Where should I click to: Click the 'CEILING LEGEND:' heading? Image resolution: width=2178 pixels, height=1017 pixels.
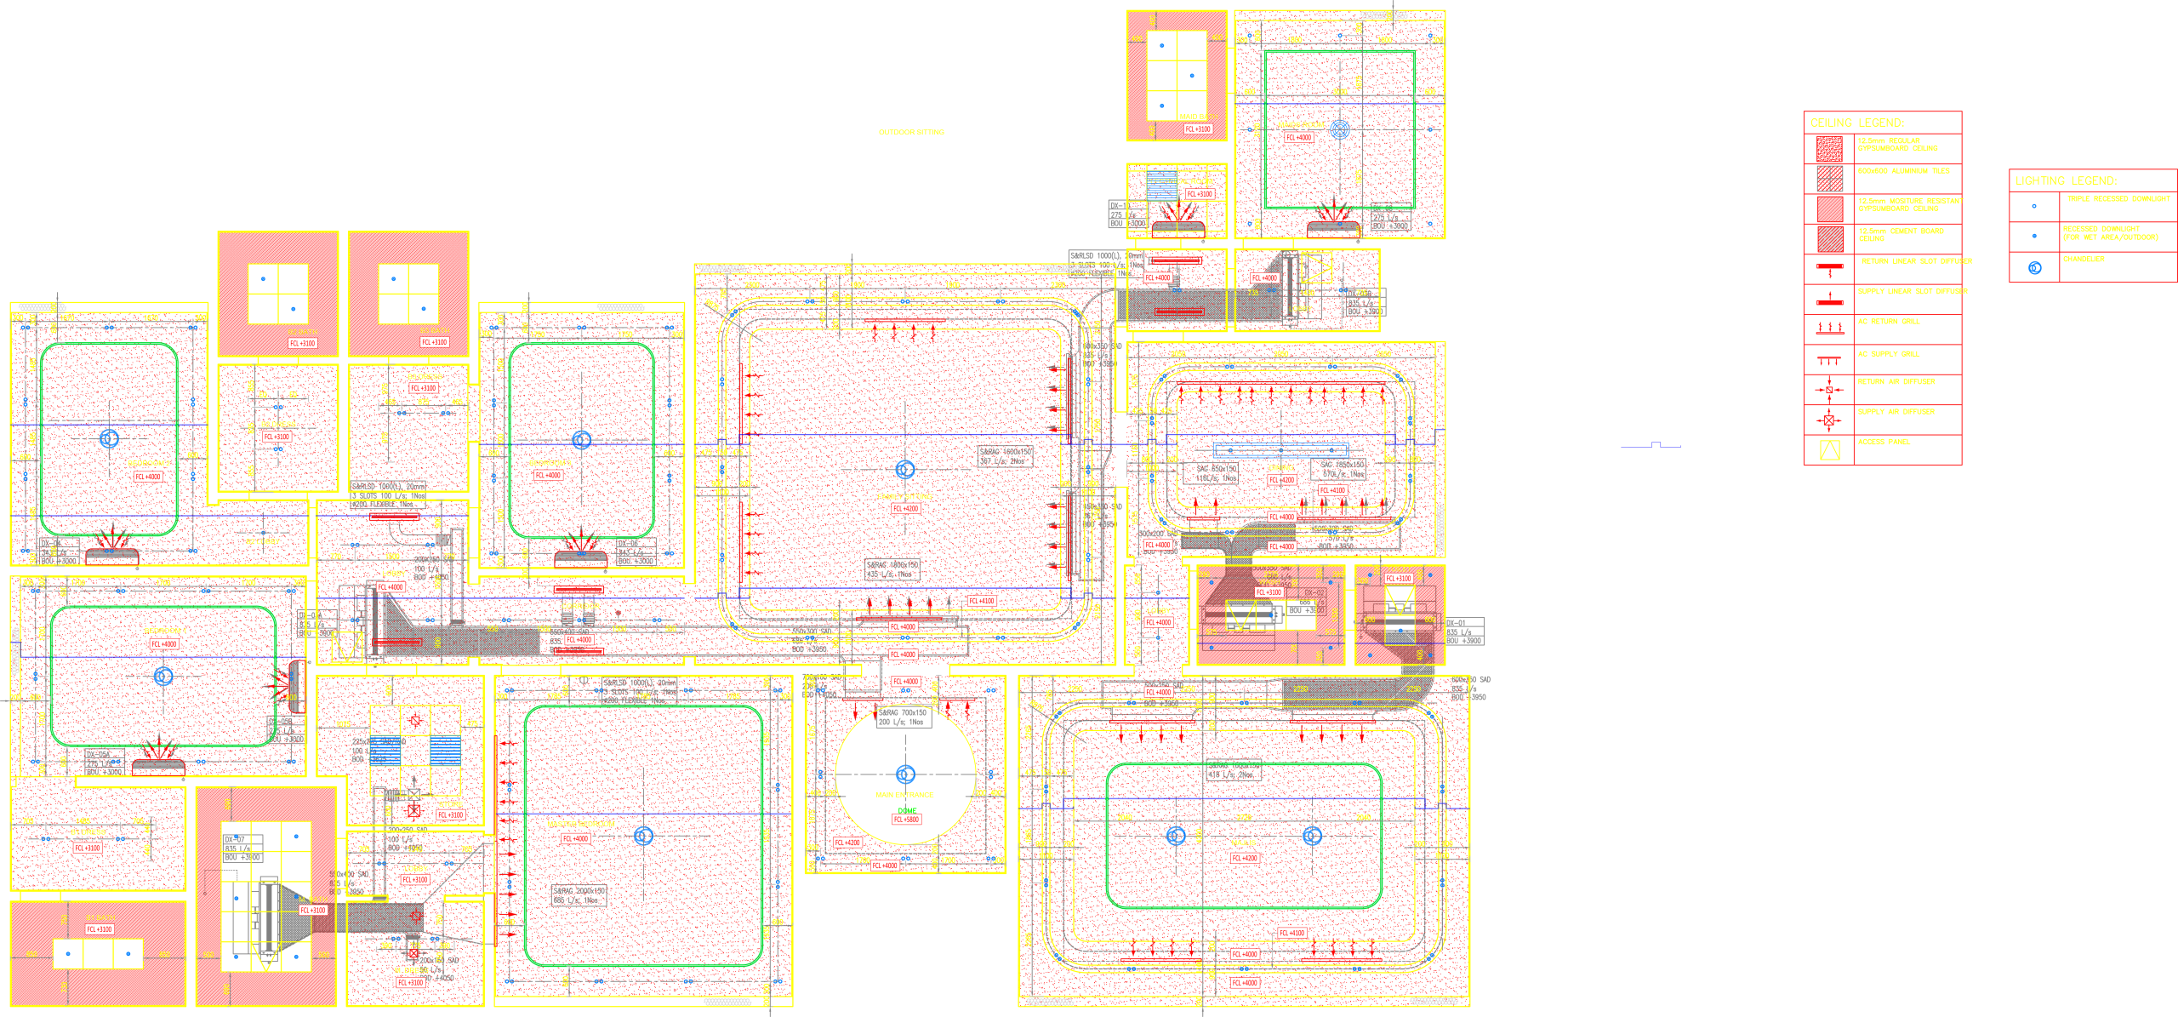1856,123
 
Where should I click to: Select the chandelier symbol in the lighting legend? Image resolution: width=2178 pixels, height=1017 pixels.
2034,268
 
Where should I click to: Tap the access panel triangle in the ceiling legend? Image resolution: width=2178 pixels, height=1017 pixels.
1829,450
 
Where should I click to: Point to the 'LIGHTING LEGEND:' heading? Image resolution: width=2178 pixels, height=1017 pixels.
2066,181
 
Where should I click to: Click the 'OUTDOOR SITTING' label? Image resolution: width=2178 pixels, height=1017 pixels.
911,133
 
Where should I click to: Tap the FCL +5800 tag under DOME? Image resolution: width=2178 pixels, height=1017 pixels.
906,820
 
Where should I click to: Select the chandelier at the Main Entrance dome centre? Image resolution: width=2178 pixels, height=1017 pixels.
905,774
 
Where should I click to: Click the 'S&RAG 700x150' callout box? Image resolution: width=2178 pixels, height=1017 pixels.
903,717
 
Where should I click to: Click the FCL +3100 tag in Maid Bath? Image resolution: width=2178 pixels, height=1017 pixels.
1198,129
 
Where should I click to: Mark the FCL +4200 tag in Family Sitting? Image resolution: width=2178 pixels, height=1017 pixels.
905,508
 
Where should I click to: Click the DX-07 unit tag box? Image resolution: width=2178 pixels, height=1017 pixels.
242,848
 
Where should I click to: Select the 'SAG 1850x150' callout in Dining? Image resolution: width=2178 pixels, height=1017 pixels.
1342,469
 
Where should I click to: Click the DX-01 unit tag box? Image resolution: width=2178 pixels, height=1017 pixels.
1463,631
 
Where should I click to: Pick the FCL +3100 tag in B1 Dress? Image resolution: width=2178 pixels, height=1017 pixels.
277,437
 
